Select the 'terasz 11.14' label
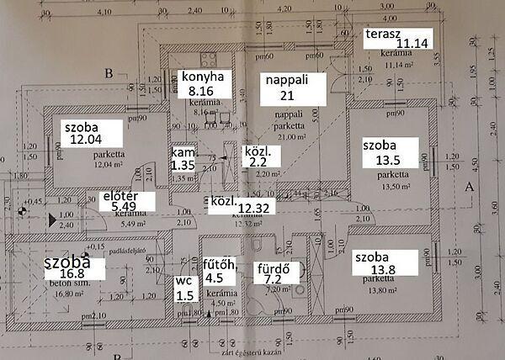point(391,37)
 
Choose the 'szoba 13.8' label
point(385,262)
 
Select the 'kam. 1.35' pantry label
point(183,161)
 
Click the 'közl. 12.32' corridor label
point(242,205)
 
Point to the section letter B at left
point(108,73)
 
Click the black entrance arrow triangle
point(52,220)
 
